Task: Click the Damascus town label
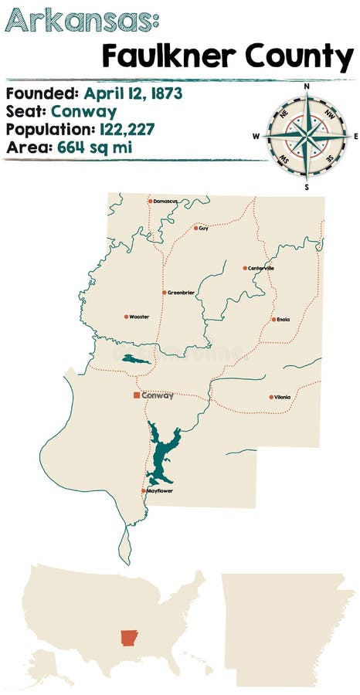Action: [x=165, y=201]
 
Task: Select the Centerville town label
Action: [x=261, y=268]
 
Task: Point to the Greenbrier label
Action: [x=181, y=293]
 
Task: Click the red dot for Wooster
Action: [x=126, y=317]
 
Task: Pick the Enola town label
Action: [x=283, y=319]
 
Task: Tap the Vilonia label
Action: [x=282, y=397]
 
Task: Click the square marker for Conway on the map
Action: [x=137, y=395]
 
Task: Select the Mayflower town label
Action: [x=160, y=491]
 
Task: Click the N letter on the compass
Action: [x=307, y=86]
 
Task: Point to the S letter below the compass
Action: [x=307, y=186]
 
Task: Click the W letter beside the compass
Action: [x=256, y=137]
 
